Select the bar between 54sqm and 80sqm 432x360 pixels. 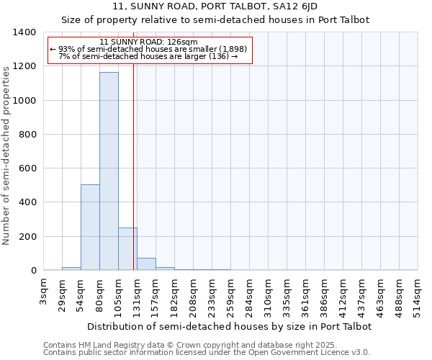point(90,228)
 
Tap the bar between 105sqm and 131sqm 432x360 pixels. point(127,249)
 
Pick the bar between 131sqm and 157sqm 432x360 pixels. point(146,264)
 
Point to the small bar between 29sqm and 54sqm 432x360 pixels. point(71,269)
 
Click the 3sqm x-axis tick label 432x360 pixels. point(44,294)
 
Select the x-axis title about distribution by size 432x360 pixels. point(230,326)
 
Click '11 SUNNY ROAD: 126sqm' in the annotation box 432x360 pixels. point(149,42)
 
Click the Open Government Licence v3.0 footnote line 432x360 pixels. point(207,353)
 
